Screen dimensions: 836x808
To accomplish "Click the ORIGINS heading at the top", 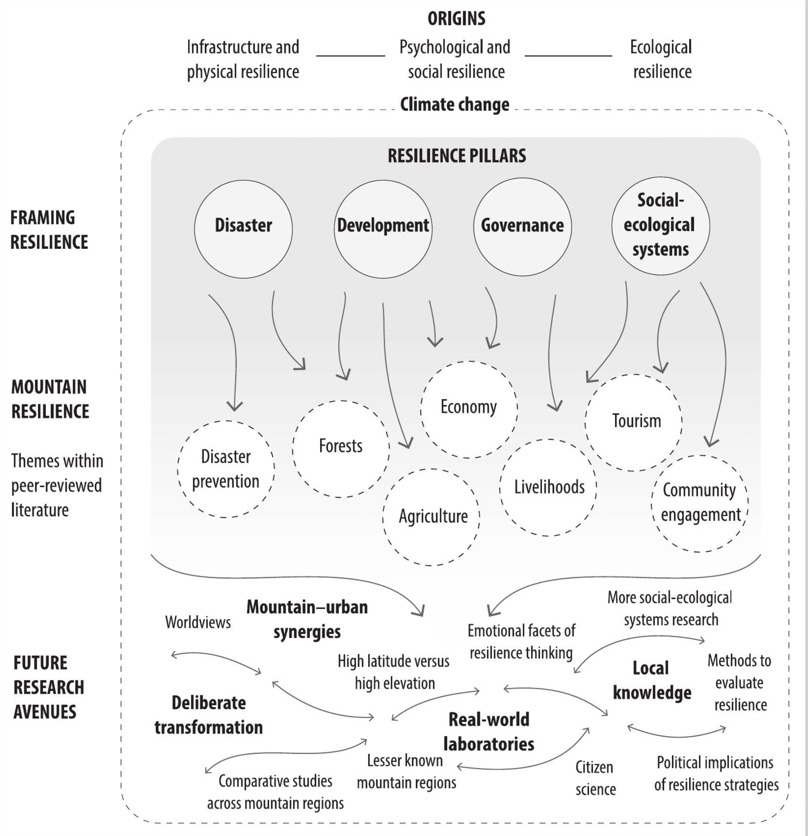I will pos(456,19).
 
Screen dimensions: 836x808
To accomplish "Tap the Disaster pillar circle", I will pos(243,229).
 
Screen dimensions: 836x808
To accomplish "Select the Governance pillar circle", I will pos(522,227).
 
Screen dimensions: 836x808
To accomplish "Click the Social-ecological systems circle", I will pos(661,226).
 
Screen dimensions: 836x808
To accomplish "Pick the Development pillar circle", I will pos(383,229).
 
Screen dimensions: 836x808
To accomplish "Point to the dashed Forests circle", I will pos(341,448).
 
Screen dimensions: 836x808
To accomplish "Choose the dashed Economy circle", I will pos(469,409).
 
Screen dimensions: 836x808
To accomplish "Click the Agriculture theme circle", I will pos(431,517).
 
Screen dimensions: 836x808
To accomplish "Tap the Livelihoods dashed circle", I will pos(548,487).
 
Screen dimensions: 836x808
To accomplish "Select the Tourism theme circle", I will pos(634,422).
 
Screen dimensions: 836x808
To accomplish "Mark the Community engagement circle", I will pos(700,503).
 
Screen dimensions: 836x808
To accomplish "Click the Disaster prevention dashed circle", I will pos(226,469).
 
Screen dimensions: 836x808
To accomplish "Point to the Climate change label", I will pos(454,105).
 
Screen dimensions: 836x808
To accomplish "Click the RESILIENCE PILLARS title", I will pos(457,156).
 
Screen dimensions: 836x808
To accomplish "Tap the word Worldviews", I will pos(198,622).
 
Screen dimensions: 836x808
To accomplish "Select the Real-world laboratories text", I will pos(489,732).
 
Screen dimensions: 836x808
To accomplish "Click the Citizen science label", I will pos(595,778).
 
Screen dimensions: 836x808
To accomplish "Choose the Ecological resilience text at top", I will pos(661,59).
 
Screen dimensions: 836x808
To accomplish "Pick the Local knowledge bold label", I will pos(652,680).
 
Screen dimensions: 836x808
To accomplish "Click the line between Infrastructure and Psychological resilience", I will pos(351,56).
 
